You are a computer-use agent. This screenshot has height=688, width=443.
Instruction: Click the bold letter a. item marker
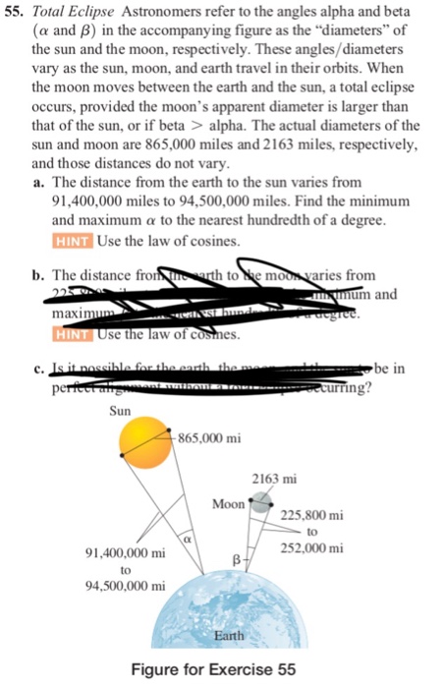[x=38, y=183]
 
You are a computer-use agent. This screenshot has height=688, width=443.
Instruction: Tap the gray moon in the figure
[x=259, y=505]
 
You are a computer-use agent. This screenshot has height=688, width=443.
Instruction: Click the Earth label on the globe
[x=229, y=637]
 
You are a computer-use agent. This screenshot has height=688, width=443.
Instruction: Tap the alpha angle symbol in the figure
[x=185, y=540]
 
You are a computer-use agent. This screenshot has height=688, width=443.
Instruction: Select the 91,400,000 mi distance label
[x=125, y=553]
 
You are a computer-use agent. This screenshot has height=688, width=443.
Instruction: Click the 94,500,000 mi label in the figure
[x=125, y=587]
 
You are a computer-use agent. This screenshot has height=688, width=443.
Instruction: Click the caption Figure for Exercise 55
[x=225, y=672]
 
